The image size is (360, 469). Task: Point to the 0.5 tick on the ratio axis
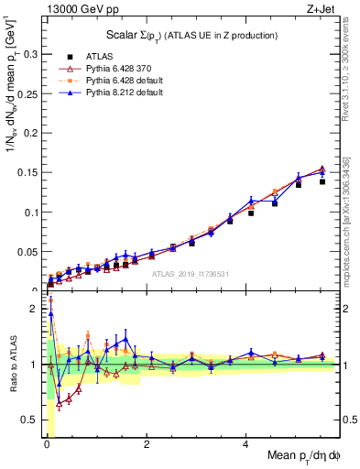tap(29, 420)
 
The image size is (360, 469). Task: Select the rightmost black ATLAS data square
tap(322, 181)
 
